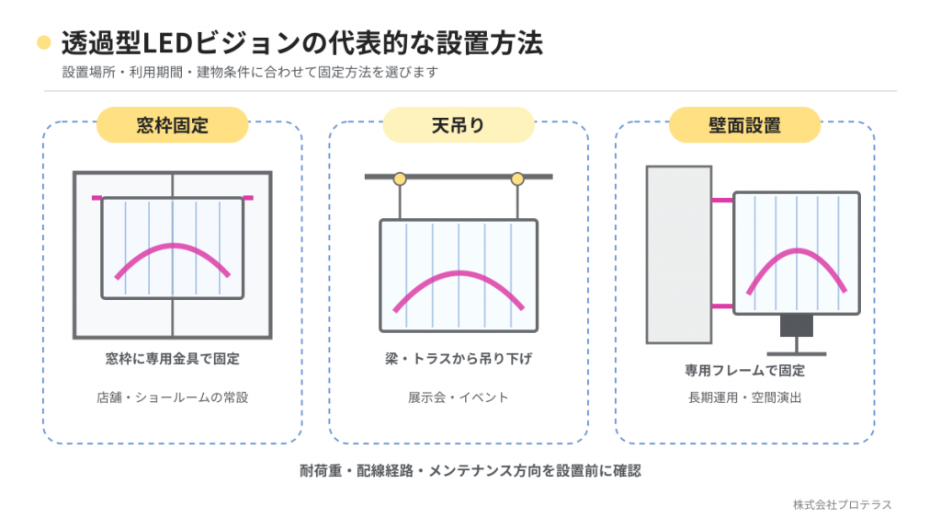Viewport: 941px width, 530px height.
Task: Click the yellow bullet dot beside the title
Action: (x=44, y=42)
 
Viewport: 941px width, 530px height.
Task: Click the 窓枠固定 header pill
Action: (x=172, y=125)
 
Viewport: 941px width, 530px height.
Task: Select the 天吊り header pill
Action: (x=459, y=125)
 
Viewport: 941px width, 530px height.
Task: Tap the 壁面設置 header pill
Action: (x=744, y=125)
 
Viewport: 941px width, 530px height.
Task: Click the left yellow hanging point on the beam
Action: (x=400, y=179)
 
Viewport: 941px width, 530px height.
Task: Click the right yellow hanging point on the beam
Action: (x=517, y=179)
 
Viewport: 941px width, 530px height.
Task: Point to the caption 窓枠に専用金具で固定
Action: (x=172, y=359)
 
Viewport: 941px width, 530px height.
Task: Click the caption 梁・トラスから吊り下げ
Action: (x=459, y=359)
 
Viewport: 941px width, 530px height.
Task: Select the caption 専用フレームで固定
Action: (x=744, y=370)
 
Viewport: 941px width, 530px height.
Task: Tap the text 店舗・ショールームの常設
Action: (x=172, y=397)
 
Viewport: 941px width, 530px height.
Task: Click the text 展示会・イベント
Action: (x=459, y=397)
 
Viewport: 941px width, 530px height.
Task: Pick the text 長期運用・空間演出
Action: (x=744, y=397)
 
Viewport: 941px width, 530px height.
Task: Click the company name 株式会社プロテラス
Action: (x=842, y=505)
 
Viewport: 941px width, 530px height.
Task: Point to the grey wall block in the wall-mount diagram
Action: (x=679, y=255)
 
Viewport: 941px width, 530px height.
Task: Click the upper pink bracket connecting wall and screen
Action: (x=722, y=200)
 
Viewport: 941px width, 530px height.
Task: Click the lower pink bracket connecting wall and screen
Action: (x=722, y=305)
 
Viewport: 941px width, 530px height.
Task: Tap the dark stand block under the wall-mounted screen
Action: (x=797, y=326)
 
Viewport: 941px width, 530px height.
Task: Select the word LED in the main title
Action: (x=167, y=42)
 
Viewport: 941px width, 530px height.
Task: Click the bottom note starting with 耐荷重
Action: (x=470, y=470)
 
